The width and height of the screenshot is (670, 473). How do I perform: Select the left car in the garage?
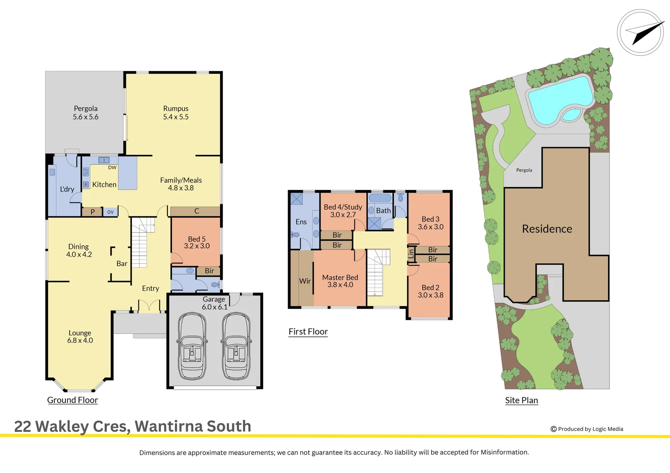[192, 346]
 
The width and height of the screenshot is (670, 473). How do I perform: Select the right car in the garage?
[236, 346]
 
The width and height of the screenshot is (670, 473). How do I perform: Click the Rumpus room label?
[176, 109]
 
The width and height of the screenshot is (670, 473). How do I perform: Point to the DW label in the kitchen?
[112, 167]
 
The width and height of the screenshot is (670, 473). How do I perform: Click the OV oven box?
[110, 212]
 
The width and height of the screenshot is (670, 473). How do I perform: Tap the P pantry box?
[93, 212]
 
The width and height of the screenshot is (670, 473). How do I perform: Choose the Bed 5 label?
[196, 239]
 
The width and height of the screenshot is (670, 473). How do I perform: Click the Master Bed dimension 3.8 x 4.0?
[340, 285]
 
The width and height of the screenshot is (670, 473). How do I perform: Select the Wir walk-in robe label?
[305, 281]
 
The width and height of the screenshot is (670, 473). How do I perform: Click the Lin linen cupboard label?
[411, 254]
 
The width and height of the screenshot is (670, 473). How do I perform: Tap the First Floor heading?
[308, 332]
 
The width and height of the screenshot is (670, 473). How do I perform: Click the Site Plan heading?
[521, 400]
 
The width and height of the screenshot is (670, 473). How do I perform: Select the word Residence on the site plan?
[547, 229]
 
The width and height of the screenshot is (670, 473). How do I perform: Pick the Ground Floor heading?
[72, 400]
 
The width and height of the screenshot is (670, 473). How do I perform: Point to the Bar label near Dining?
[122, 264]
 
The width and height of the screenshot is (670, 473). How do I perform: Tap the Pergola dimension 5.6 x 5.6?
[86, 117]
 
